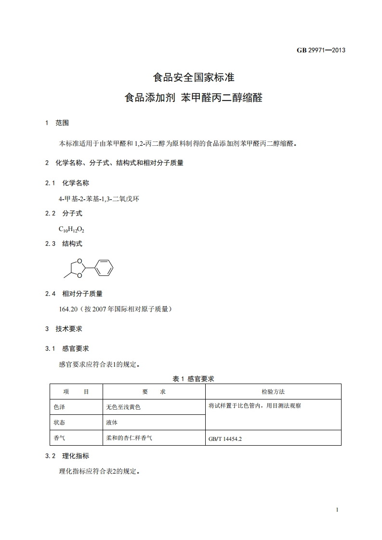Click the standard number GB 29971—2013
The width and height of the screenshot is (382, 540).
[321, 50]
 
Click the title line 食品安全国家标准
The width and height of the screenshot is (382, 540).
[193, 77]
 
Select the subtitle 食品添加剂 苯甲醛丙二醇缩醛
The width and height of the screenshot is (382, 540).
[193, 98]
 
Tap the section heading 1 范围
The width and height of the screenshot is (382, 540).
[57, 123]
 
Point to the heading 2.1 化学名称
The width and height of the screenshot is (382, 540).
[67, 183]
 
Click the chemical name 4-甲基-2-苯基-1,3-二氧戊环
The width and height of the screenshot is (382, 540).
[99, 199]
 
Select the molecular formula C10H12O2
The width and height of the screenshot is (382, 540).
[72, 230]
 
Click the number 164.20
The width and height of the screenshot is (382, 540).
[68, 309]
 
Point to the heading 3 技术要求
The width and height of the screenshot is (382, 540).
[64, 329]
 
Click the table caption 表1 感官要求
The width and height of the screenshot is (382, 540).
[193, 379]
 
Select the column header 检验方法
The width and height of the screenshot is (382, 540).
[273, 392]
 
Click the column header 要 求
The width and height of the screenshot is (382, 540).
[154, 392]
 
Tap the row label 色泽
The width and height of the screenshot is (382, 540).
[60, 407]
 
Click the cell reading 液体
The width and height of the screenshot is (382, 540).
[112, 423]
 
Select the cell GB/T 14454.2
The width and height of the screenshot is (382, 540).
[225, 439]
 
